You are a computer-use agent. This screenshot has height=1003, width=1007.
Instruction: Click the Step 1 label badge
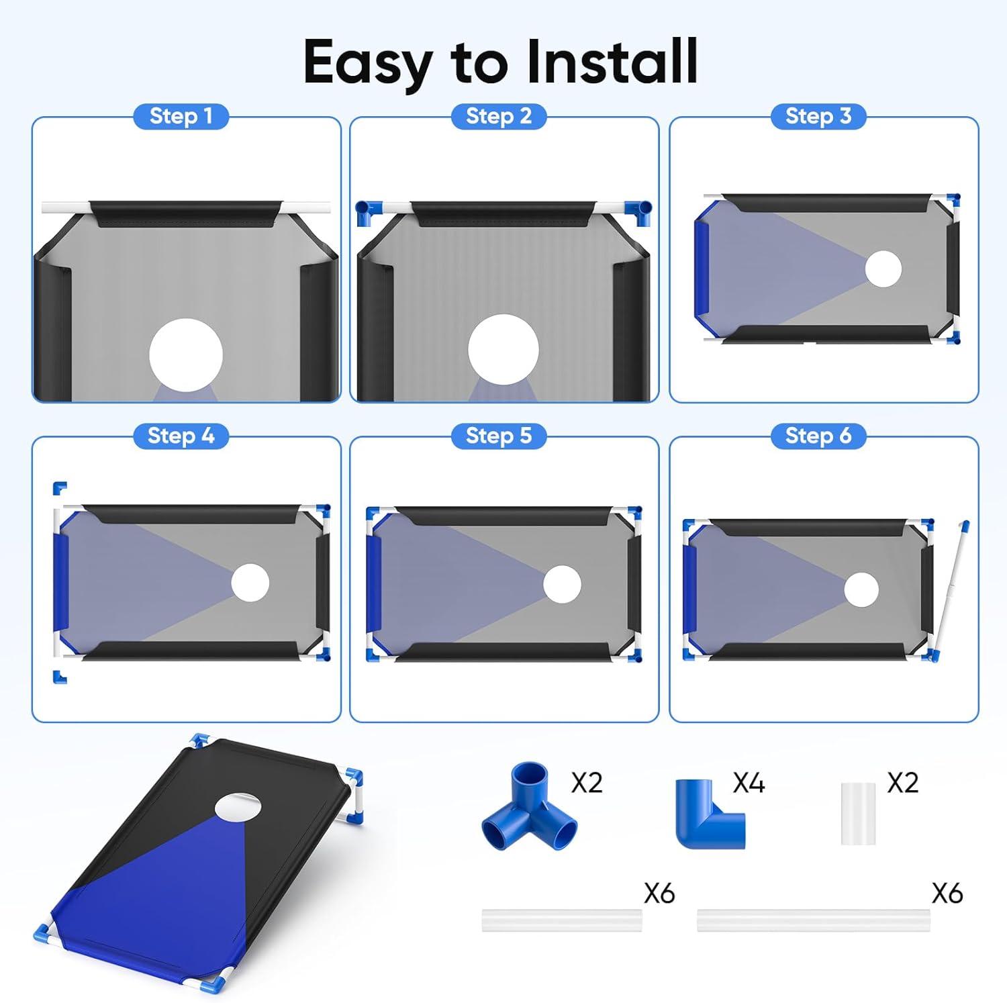[x=181, y=116]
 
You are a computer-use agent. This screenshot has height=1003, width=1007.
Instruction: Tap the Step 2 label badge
[x=498, y=116]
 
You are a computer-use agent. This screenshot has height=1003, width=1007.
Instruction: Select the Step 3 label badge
[x=818, y=116]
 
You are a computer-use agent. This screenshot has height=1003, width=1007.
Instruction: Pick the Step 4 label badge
[x=181, y=436]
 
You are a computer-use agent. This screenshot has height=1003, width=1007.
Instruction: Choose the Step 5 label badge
[x=498, y=436]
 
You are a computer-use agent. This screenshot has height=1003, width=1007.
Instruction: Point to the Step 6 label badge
[x=818, y=436]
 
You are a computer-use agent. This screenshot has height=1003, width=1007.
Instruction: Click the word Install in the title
[x=612, y=62]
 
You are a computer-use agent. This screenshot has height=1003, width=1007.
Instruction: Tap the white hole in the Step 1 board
[x=186, y=355]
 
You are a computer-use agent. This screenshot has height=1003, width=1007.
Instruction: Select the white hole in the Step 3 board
[x=883, y=269]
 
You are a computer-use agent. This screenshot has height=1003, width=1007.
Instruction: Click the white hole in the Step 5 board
[x=562, y=584]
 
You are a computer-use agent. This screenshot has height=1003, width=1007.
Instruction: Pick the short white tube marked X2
[x=858, y=813]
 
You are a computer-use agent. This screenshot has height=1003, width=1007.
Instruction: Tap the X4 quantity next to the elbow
[x=749, y=783]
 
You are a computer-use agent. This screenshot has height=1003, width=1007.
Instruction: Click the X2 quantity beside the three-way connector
[x=587, y=783]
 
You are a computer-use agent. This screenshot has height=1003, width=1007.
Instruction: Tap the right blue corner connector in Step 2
[x=638, y=212]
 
